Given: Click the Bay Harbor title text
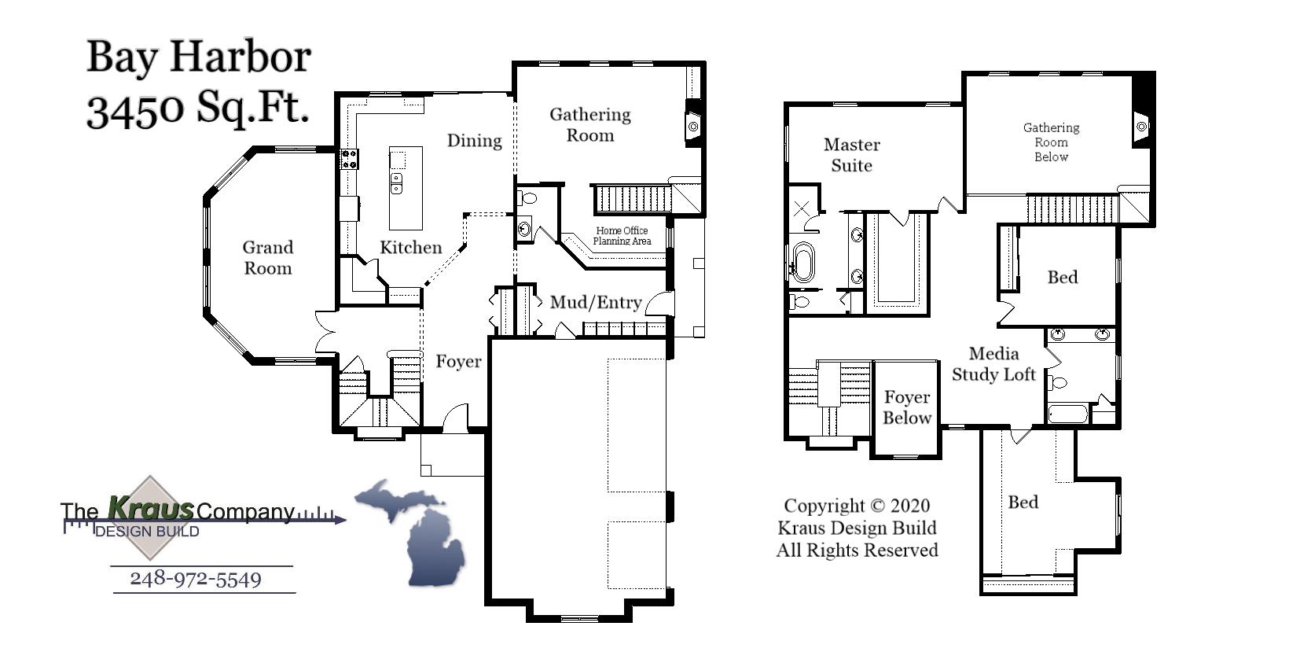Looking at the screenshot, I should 198,57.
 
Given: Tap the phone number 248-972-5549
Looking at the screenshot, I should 196,580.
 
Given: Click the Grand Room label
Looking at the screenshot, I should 267,258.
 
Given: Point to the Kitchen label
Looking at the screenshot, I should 410,248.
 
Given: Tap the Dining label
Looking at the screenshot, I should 474,141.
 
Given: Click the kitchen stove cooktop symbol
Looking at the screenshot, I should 349,159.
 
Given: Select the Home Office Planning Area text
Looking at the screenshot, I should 622,236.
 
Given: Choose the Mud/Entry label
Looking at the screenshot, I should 596,303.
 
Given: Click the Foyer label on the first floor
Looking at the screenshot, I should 458,362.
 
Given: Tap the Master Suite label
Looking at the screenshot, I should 851,155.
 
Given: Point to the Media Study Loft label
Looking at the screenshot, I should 993,364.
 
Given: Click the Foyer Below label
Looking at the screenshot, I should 906,407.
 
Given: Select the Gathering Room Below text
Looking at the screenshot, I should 1051,142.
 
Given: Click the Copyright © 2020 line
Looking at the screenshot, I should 857,506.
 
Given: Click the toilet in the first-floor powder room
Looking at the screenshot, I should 527,197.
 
